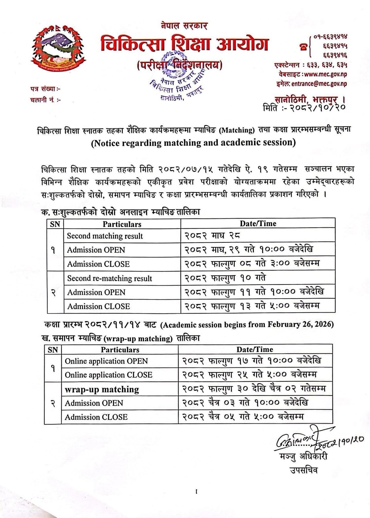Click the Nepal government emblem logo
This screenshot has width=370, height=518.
click(58, 48)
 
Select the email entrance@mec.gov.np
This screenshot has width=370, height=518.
click(319, 84)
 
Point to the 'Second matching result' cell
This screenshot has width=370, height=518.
click(105, 236)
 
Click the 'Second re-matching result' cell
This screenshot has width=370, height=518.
click(109, 278)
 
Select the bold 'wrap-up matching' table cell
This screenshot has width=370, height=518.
click(102, 389)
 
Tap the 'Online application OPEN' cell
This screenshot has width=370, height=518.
click(106, 361)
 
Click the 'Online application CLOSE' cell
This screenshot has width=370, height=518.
click(108, 375)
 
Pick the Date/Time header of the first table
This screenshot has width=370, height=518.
click(258, 223)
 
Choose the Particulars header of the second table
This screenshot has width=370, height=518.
click(120, 350)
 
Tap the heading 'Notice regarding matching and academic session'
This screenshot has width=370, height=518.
click(193, 143)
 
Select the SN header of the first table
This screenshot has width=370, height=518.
click(55, 224)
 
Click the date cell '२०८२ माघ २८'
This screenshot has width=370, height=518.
click(212, 236)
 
